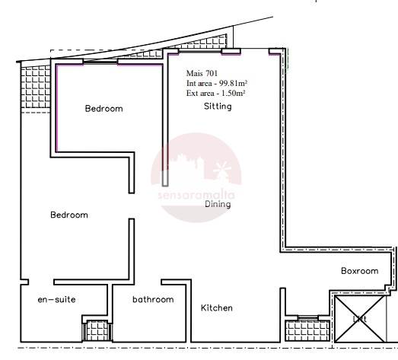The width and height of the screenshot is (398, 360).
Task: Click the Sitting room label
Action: [x=218, y=107]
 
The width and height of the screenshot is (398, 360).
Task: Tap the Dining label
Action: [x=218, y=204]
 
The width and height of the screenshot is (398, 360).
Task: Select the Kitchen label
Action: [x=217, y=308]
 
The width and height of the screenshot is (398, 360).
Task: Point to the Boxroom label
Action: [x=359, y=271]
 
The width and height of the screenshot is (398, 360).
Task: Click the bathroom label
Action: [x=153, y=300]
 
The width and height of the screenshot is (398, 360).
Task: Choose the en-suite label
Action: [x=56, y=300]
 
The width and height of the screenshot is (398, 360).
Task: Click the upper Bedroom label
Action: [x=103, y=109]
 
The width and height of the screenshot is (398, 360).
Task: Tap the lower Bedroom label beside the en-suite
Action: [x=69, y=215]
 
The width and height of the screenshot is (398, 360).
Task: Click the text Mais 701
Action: [x=202, y=73]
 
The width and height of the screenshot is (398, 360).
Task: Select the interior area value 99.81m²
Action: [x=234, y=83]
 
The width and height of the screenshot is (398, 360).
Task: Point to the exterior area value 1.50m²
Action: [x=234, y=93]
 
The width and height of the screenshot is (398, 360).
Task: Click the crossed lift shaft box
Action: [x=360, y=319]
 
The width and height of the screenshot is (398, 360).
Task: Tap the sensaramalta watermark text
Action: [x=196, y=195]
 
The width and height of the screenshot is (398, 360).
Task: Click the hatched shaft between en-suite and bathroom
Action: [x=97, y=330]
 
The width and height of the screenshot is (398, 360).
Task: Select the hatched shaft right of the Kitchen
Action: [x=307, y=330]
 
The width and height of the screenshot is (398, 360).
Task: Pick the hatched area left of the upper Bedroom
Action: [x=36, y=87]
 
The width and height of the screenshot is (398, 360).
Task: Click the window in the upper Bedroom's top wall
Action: [x=100, y=61]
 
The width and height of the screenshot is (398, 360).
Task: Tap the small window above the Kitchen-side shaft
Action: [x=307, y=317]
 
